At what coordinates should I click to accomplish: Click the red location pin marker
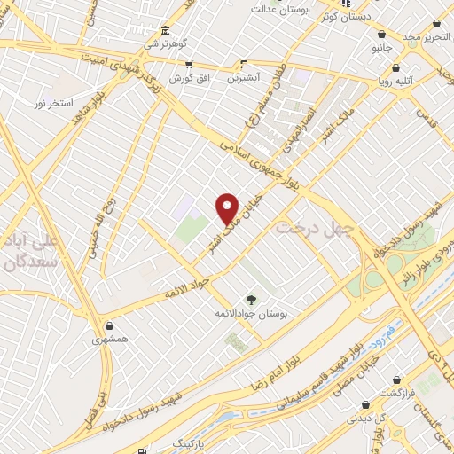(228, 208)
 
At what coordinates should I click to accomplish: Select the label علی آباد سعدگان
(30, 251)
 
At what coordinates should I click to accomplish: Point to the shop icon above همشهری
(108, 325)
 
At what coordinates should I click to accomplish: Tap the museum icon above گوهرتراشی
(168, 29)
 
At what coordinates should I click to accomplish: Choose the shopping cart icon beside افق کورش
(189, 64)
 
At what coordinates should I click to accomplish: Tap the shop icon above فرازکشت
(387, 381)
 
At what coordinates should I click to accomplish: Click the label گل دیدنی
(364, 419)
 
